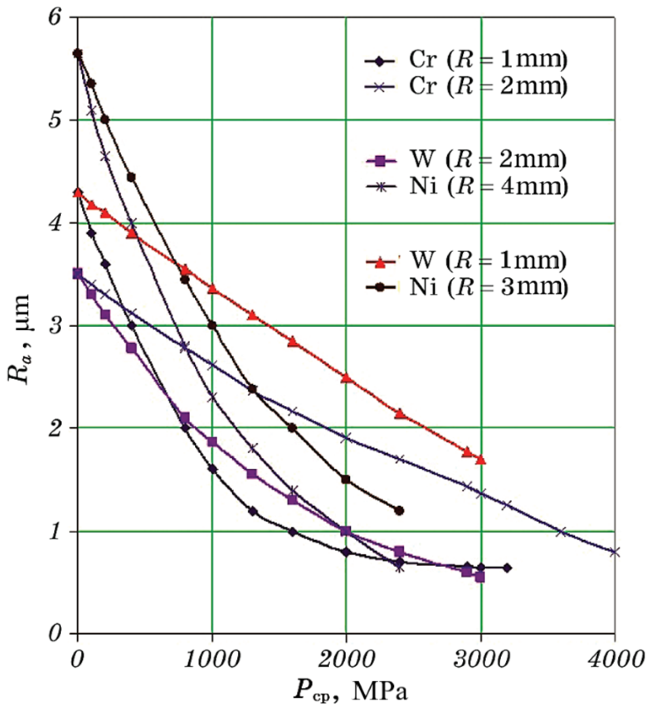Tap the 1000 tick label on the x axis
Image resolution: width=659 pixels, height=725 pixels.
click(x=212, y=660)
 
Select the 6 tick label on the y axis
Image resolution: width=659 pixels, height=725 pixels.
click(x=55, y=19)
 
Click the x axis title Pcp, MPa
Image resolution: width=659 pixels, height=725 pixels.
click(x=351, y=691)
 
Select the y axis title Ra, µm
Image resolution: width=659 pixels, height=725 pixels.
click(x=19, y=339)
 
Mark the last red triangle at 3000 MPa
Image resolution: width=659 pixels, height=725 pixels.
click(x=480, y=460)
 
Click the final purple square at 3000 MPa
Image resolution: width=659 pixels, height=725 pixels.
click(x=480, y=577)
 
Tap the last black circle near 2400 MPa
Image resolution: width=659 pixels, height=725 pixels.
click(x=399, y=511)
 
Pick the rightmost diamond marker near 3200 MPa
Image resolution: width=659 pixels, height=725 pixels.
click(x=507, y=568)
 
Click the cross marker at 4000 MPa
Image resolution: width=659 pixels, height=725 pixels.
click(x=614, y=552)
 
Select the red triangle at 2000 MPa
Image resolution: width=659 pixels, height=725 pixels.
click(x=346, y=378)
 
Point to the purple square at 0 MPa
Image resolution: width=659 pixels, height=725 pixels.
click(x=78, y=274)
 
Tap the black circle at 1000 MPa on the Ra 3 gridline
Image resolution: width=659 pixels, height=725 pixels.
click(x=212, y=325)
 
